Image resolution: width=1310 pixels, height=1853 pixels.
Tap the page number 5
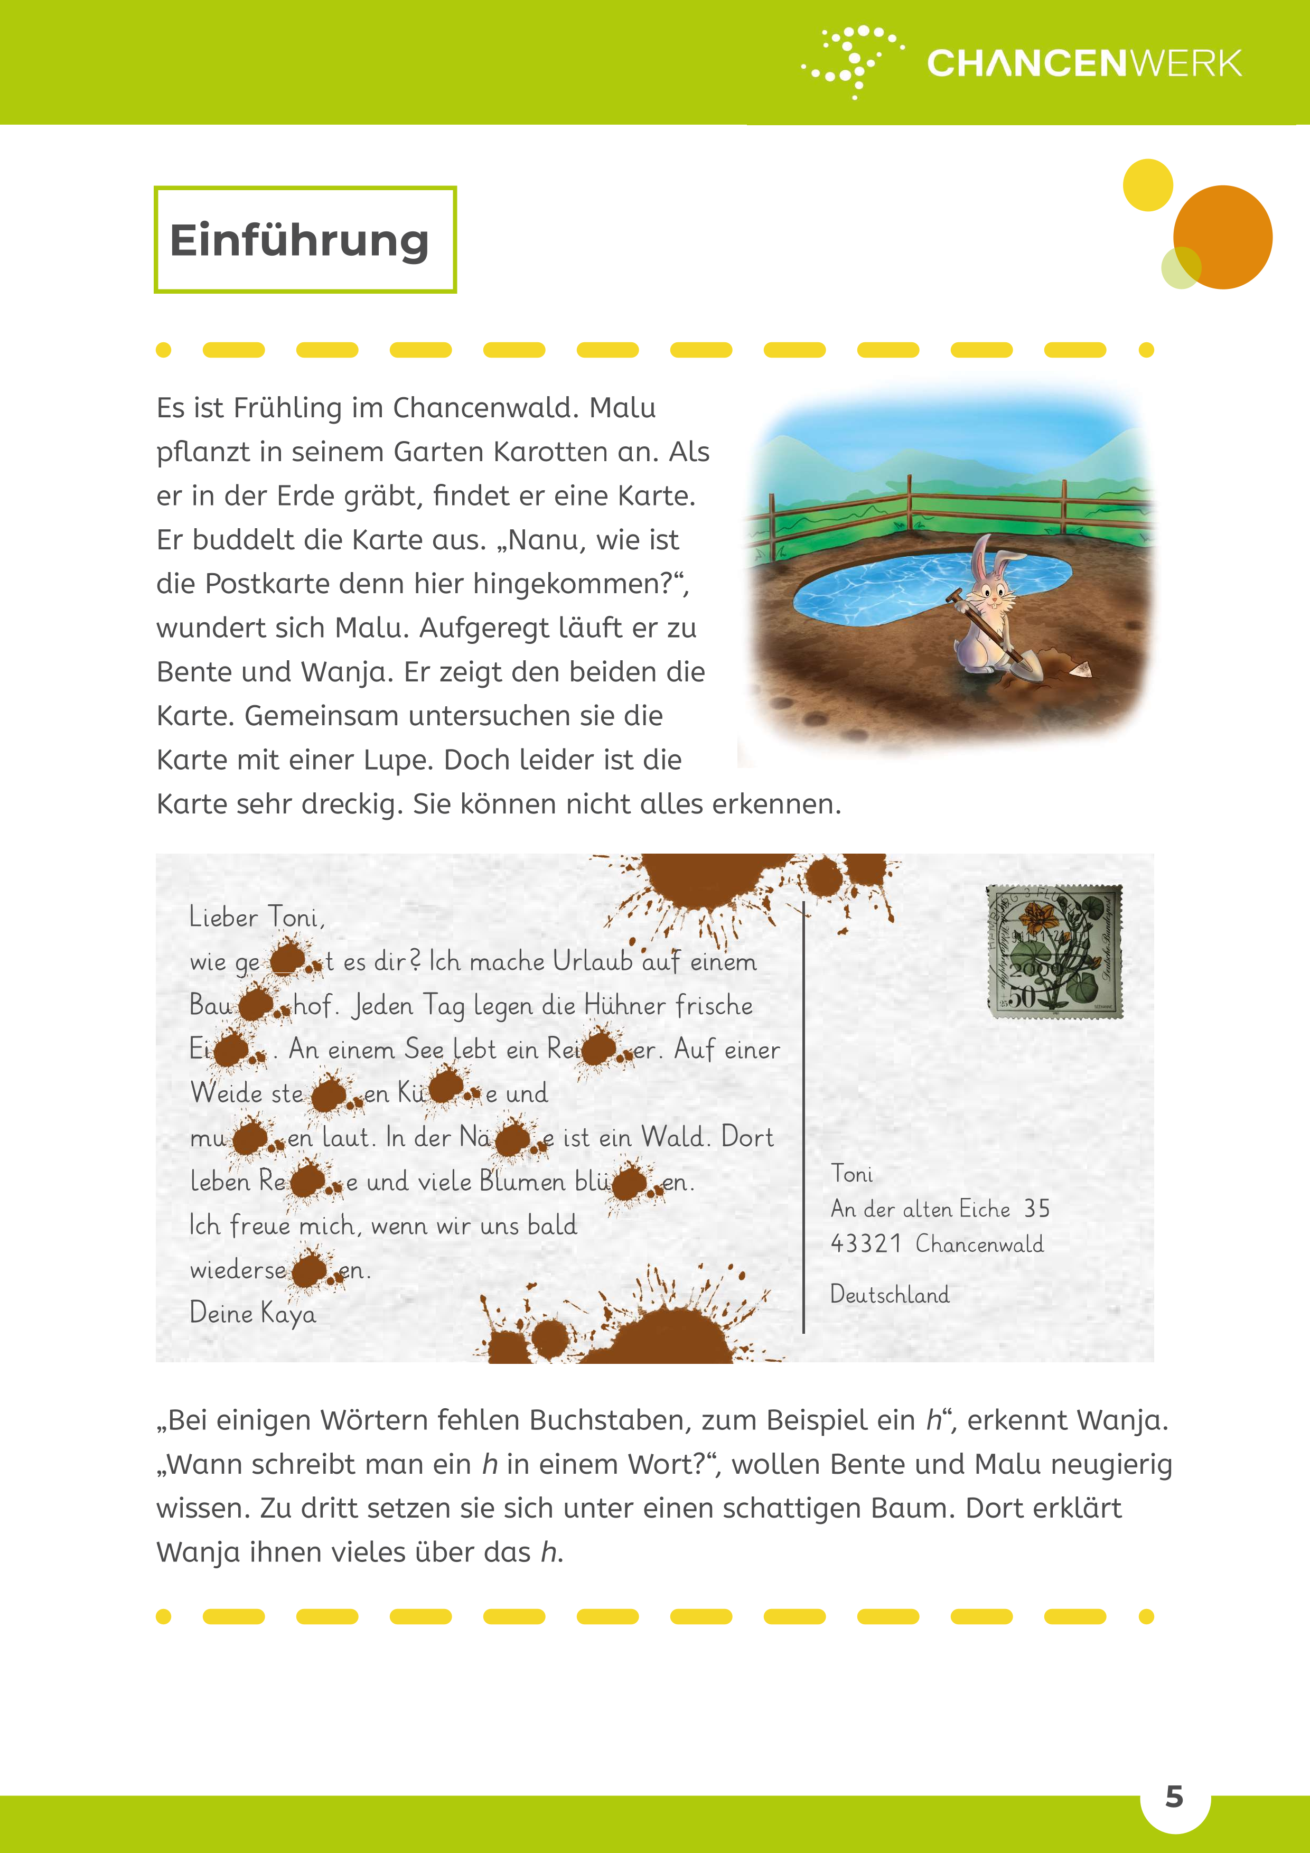(x=1174, y=1796)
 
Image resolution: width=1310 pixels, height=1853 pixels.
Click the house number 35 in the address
(x=1037, y=1209)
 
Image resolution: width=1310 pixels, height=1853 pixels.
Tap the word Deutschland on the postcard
(x=890, y=1295)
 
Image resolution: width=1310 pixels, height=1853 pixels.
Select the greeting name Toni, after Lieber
(x=296, y=918)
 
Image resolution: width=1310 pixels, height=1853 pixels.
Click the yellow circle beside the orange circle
(x=1147, y=185)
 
